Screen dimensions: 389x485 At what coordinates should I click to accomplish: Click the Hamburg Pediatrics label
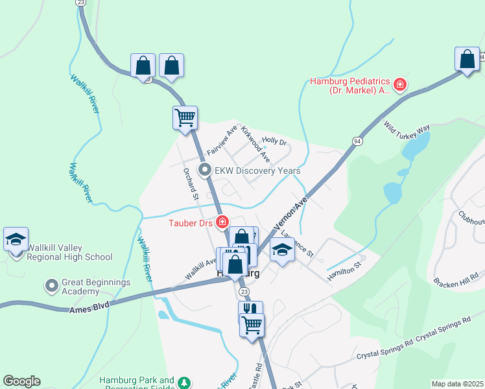(x=349, y=86)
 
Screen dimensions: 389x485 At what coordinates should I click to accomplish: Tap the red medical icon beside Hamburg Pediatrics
(x=401, y=84)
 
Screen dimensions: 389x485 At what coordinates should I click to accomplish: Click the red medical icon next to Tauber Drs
(x=222, y=222)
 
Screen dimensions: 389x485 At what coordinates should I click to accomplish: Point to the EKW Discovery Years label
(x=258, y=171)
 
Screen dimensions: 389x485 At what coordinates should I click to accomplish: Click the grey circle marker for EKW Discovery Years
(x=206, y=171)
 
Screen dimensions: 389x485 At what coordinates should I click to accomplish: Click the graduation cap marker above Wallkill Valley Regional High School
(x=16, y=239)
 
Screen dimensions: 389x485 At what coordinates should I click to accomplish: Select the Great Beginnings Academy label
(x=96, y=287)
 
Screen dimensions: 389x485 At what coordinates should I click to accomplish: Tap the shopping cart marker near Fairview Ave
(x=185, y=118)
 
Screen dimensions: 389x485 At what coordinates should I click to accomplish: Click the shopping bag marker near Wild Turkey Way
(x=467, y=59)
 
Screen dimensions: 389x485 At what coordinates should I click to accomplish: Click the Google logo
(x=21, y=381)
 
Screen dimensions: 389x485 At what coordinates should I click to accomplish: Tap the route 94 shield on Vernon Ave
(x=357, y=141)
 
